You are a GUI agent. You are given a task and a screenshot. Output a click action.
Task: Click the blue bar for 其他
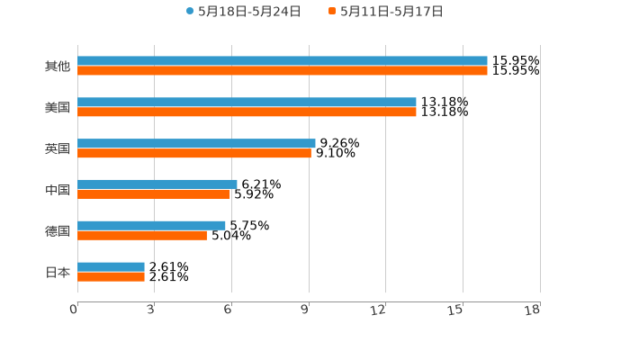pos(283,61)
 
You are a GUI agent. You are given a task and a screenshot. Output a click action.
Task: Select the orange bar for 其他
pos(283,71)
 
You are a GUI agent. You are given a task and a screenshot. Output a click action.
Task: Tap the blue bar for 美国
pos(247,103)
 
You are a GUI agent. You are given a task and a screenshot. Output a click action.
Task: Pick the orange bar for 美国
pos(247,112)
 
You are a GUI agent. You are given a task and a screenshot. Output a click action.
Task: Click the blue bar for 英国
pos(196,143)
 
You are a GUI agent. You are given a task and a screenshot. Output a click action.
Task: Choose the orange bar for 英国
pos(194,153)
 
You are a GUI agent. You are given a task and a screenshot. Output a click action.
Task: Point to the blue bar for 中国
pos(157,184)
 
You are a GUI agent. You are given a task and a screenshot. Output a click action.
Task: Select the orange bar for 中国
pos(154,194)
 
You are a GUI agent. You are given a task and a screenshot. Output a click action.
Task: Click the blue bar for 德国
pos(151,225)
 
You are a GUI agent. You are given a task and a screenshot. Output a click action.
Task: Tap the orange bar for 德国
pos(142,235)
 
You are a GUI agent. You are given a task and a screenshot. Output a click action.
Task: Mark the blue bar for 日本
pos(111,266)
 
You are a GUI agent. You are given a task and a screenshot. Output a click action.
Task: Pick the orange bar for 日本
pos(111,276)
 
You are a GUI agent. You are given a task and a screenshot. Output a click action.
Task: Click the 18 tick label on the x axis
pos(533,310)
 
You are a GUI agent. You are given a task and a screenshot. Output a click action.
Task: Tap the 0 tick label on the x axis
pos(74,310)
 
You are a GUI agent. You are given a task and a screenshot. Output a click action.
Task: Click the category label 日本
pos(58,272)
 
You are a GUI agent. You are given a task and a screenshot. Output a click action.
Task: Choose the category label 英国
pos(58,148)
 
